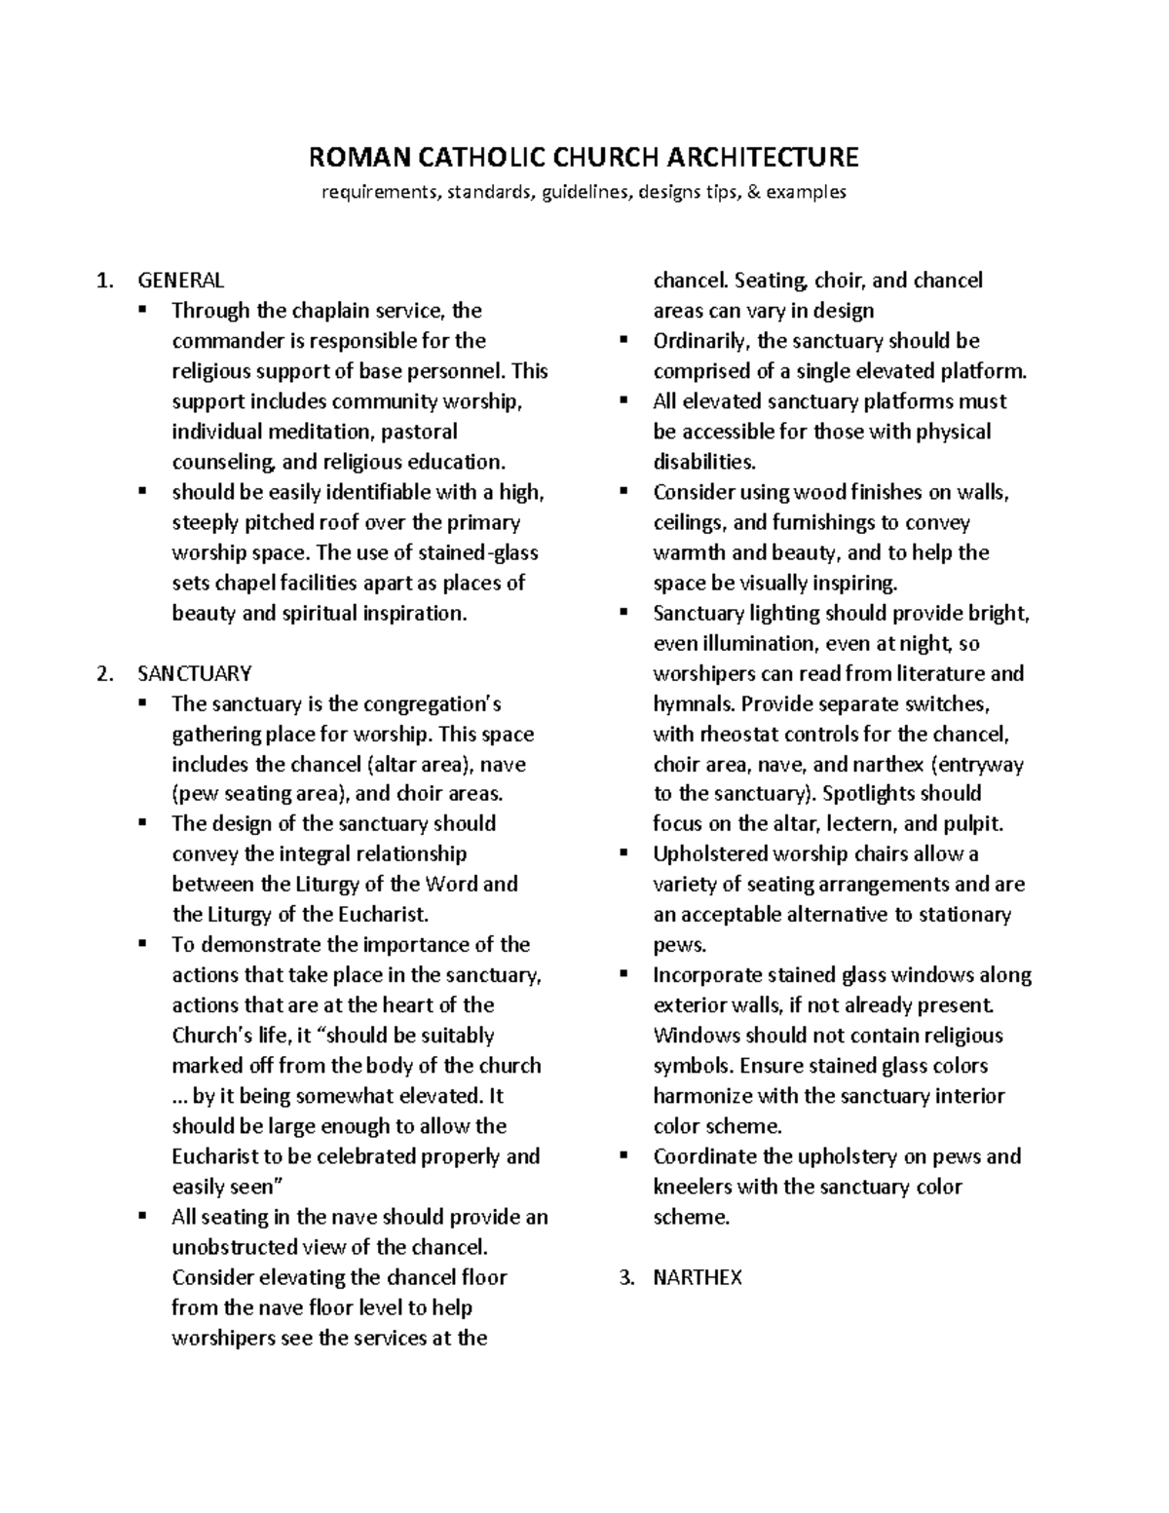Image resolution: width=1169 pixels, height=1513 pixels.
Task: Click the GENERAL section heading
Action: click(x=180, y=281)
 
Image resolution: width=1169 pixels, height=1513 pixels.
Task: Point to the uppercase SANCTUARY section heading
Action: click(x=195, y=673)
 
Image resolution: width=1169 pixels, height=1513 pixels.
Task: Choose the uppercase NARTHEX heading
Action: click(x=698, y=1277)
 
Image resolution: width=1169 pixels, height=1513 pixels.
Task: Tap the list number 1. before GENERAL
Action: click(x=104, y=281)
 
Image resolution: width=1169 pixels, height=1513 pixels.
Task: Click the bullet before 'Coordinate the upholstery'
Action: click(x=623, y=1155)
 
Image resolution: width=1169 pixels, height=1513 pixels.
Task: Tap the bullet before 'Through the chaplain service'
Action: click(x=142, y=310)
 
